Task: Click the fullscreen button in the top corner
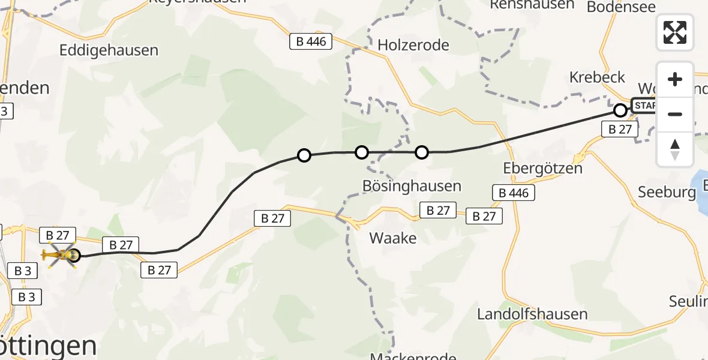click(675, 32)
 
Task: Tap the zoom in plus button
click(675, 79)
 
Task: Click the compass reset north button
click(675, 149)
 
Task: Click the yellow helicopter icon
click(59, 256)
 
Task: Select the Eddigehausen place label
click(109, 50)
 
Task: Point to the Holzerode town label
click(413, 45)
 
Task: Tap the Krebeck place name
click(597, 77)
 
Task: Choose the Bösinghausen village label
click(412, 186)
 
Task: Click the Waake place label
click(393, 238)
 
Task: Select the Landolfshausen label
click(524, 314)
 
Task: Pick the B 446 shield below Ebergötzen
click(514, 193)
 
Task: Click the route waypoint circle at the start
click(620, 110)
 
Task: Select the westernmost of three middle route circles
click(304, 155)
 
